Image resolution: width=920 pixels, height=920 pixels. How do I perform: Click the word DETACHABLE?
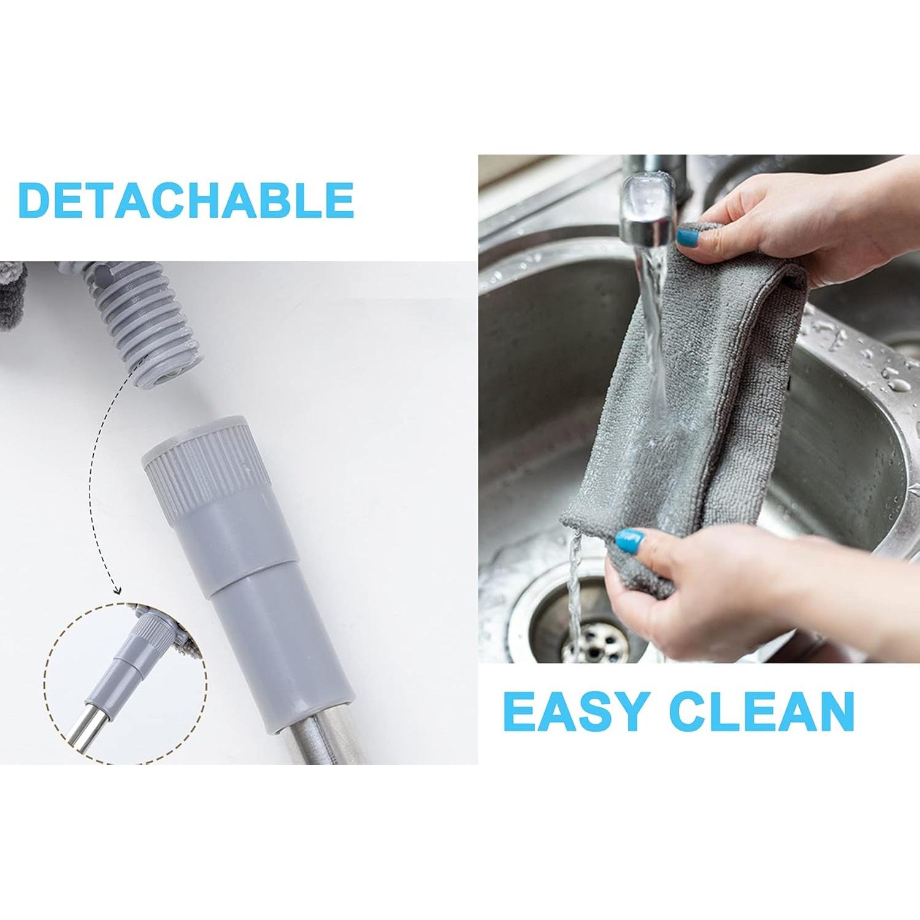(186, 199)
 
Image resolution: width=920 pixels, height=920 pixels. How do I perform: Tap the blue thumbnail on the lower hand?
(631, 540)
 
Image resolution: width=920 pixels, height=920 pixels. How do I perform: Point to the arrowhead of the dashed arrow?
(118, 591)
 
